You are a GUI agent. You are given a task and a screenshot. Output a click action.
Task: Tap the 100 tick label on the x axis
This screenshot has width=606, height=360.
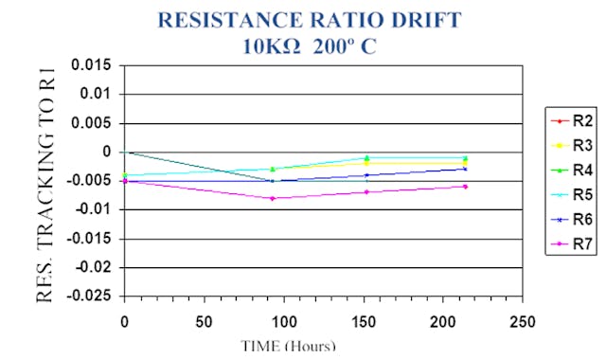pyautogui.click(x=283, y=321)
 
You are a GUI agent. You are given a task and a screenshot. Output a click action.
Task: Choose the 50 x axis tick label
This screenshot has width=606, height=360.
pyautogui.click(x=204, y=321)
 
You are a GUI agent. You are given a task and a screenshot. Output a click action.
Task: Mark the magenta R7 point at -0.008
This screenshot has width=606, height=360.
pyautogui.click(x=273, y=198)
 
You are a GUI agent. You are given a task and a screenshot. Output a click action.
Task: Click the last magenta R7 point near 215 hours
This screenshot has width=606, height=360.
pyautogui.click(x=465, y=186)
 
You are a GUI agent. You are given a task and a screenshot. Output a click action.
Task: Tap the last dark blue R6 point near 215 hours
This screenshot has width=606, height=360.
pyautogui.click(x=465, y=169)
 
